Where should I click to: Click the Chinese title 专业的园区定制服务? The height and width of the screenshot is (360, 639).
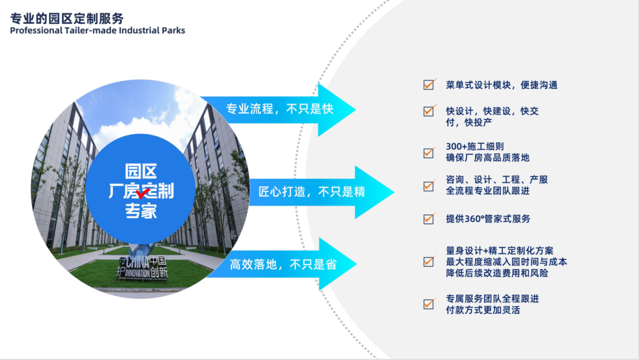pos(67,18)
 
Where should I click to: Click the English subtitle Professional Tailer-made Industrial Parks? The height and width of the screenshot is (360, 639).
pos(98,31)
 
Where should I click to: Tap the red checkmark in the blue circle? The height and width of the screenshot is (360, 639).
pos(143,192)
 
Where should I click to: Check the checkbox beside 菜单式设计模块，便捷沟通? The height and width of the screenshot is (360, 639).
pos(429,85)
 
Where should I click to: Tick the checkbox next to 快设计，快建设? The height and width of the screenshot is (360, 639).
pos(429,111)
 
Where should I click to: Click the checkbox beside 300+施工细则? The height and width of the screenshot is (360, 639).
pos(429,153)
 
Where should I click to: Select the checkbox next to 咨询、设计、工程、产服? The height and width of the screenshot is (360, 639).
pos(429,186)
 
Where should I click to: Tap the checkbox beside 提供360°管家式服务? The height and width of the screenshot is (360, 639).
pos(429,219)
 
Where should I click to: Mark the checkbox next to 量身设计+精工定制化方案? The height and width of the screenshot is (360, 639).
pos(429,261)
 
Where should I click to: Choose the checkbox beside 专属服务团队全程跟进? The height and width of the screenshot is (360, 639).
pos(429,304)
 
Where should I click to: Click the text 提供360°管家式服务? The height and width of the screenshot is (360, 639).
pos(488,219)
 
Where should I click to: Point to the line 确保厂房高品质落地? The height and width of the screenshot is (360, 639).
pos(488,157)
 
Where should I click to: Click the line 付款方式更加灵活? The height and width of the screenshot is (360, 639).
pos(483,310)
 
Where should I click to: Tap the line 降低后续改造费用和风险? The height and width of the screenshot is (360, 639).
pos(497,273)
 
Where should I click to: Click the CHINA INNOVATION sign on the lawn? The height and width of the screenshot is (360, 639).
pos(142,268)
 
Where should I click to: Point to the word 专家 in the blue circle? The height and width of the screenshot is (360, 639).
pos(141,211)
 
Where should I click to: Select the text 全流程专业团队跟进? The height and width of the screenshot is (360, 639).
pos(488,191)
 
